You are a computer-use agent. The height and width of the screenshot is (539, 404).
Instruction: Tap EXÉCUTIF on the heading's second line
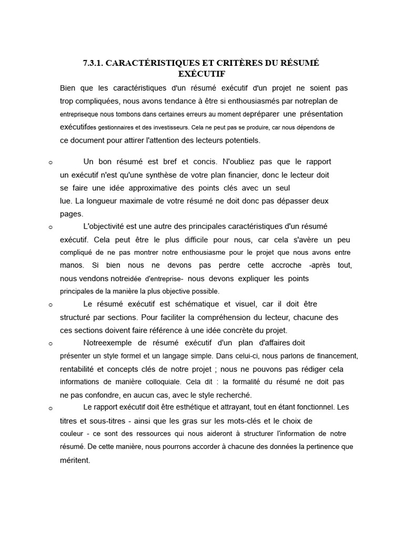click(201, 74)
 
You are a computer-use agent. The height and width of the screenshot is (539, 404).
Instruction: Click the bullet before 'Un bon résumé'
click(49, 163)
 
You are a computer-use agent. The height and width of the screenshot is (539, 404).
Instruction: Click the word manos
click(71, 265)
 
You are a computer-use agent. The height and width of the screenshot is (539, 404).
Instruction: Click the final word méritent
click(75, 460)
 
